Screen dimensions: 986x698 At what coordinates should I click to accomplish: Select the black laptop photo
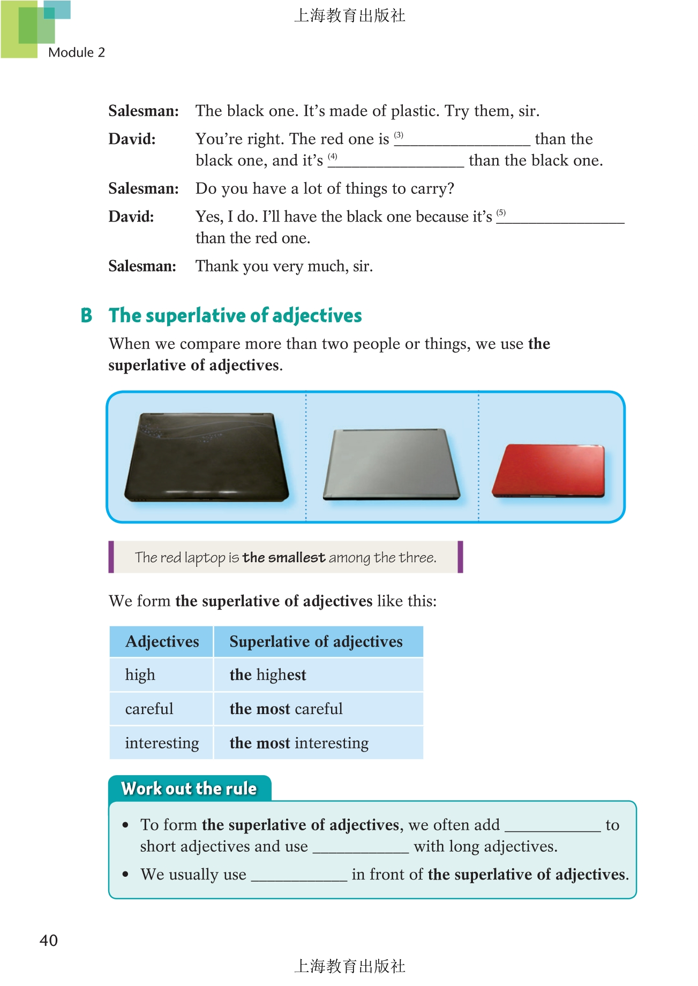coord(206,457)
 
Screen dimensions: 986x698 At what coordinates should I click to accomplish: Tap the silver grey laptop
coord(391,464)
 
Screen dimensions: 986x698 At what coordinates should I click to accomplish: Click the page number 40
coord(49,941)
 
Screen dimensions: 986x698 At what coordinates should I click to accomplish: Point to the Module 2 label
coord(77,52)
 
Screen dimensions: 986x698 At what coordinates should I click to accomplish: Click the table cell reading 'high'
coord(140,675)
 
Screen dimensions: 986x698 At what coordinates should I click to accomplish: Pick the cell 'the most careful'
coord(286,709)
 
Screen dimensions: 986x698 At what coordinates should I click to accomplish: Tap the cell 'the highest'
coord(268,675)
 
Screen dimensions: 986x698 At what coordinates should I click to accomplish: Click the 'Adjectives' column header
coord(162,642)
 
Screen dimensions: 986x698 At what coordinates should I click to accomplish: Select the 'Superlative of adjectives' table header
coord(316,642)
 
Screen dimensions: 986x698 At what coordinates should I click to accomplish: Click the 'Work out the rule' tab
coord(189,788)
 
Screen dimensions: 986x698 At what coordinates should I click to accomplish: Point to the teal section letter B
coord(86,316)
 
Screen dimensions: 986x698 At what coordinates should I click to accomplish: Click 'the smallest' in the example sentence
coord(284,558)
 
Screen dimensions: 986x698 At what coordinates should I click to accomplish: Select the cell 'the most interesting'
coord(299,743)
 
